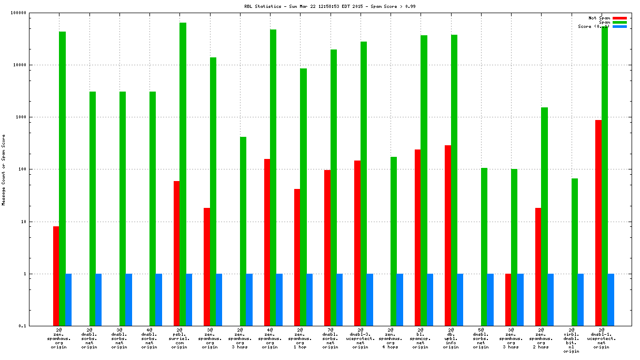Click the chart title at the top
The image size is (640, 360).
pyautogui.click(x=319, y=6)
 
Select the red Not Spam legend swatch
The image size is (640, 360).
pyautogui.click(x=619, y=18)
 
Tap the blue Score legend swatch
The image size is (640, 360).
pyautogui.click(x=619, y=26)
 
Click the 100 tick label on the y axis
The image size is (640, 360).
pyautogui.click(x=37, y=169)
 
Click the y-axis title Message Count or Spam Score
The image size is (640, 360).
pyautogui.click(x=4, y=169)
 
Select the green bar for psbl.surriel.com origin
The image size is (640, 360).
pyautogui.click(x=183, y=174)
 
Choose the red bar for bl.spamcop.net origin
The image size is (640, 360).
pyautogui.click(x=417, y=237)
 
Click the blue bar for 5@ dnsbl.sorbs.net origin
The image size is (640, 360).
pyautogui.click(x=491, y=299)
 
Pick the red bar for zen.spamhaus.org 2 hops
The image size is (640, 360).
pyautogui.click(x=538, y=267)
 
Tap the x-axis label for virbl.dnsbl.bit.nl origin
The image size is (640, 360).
pyautogui.click(x=571, y=342)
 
